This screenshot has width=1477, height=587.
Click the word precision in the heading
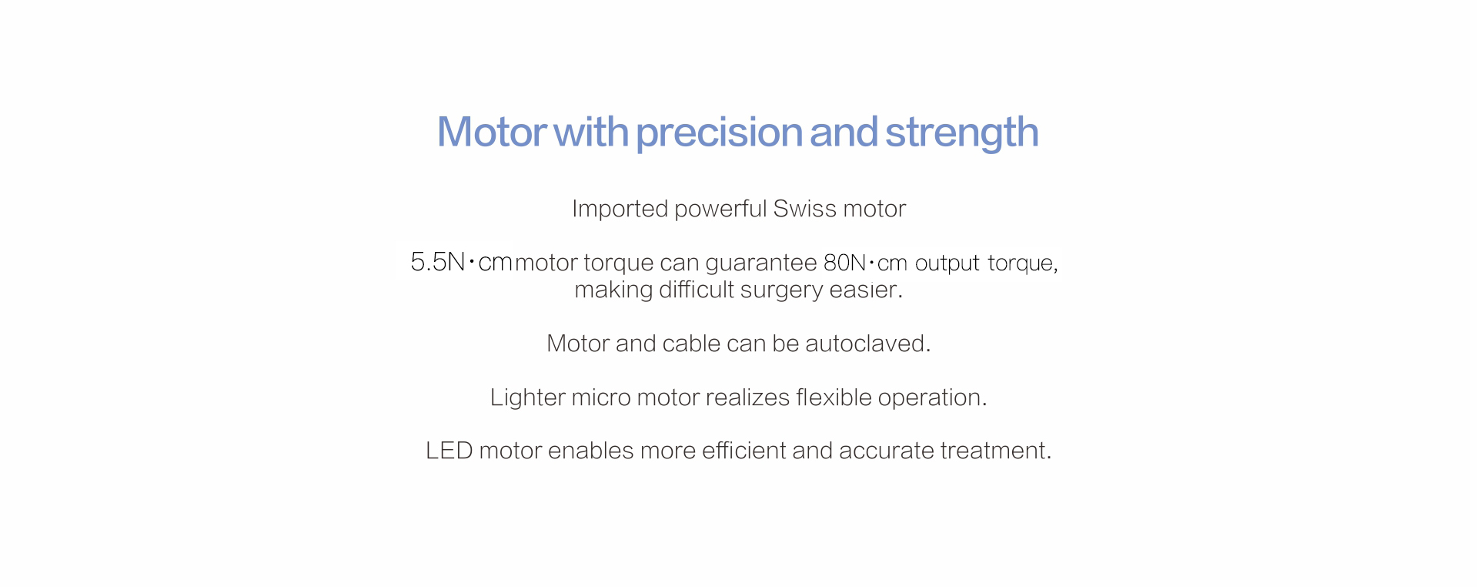[x=719, y=132]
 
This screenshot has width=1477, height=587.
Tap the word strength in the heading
[x=961, y=132]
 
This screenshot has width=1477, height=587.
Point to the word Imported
[x=620, y=210]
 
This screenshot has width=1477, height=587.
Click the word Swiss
[x=804, y=209]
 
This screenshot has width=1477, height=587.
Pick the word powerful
[x=720, y=210]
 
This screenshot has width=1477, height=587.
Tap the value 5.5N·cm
[x=461, y=263]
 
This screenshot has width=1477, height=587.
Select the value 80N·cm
[x=865, y=263]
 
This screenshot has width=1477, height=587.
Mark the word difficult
[x=696, y=290]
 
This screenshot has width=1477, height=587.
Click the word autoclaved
[x=867, y=344]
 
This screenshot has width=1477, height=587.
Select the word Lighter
[x=527, y=397]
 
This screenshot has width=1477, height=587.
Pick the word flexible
[x=834, y=397]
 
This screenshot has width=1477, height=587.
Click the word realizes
[x=747, y=397]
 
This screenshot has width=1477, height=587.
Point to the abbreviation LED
[x=449, y=451]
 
